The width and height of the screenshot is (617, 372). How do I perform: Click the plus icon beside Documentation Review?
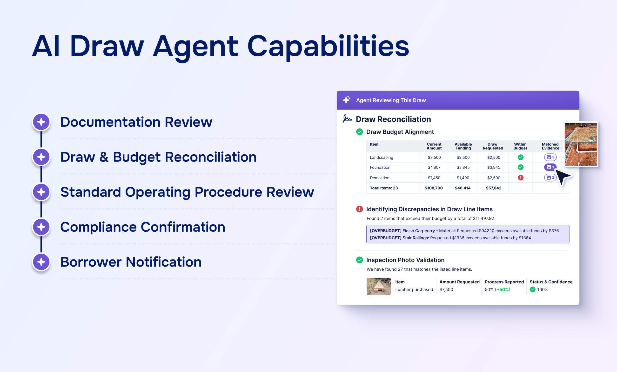[x=41, y=122]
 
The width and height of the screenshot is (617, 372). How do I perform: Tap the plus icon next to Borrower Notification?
[x=41, y=262]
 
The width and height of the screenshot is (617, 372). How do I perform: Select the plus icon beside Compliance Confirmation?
[x=41, y=227]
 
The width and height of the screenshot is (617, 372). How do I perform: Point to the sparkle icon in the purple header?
[x=347, y=100]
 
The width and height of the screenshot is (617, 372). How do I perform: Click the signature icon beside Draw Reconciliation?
[x=347, y=119]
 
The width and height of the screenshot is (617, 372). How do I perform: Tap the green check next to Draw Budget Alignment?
[x=359, y=132]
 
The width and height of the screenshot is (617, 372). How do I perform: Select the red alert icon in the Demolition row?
[x=521, y=178]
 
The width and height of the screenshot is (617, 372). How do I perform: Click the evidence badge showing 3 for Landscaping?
[x=550, y=157]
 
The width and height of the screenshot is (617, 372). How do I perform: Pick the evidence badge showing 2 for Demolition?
[x=550, y=178]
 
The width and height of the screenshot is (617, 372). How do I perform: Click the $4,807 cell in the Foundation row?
[x=434, y=167]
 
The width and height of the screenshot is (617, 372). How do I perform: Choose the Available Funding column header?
[x=463, y=146]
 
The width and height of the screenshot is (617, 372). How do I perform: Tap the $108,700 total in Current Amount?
[x=433, y=188]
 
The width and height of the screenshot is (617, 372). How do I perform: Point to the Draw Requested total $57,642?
[x=494, y=188]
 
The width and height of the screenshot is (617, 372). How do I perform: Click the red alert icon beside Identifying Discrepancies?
[x=359, y=209]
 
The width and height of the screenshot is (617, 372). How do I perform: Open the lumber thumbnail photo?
[x=379, y=287]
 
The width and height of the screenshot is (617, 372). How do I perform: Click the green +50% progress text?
[x=503, y=289]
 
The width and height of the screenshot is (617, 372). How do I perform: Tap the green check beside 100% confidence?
[x=533, y=289]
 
